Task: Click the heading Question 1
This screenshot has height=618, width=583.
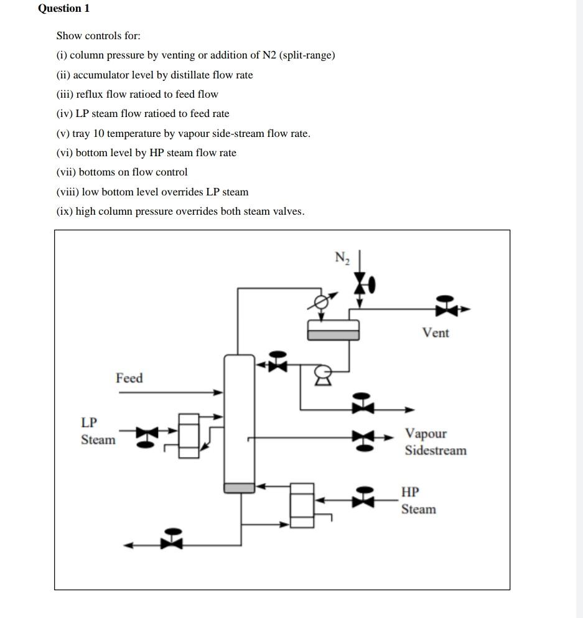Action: tap(64, 8)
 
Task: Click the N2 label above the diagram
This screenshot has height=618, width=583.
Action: tap(342, 258)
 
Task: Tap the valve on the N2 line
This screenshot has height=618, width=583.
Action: tap(361, 285)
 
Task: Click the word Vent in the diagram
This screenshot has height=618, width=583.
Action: tap(435, 333)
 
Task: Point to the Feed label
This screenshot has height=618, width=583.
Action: tap(129, 378)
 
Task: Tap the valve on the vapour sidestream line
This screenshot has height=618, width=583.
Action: tap(364, 438)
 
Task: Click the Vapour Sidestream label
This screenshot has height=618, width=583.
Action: tap(435, 442)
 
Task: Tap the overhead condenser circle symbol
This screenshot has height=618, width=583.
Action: tap(320, 302)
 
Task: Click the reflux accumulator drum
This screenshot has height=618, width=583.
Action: tap(333, 329)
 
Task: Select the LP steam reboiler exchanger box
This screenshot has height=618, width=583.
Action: tap(189, 436)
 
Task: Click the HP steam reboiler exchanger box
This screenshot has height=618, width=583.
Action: tap(302, 505)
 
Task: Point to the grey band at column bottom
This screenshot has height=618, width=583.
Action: tap(240, 487)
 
